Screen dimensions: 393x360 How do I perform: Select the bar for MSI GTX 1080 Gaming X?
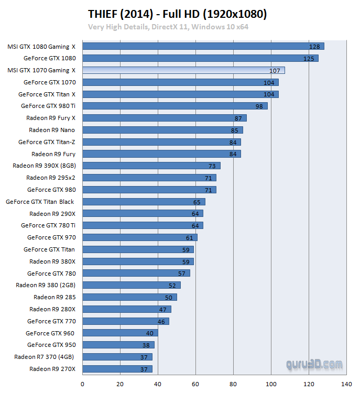(203, 46)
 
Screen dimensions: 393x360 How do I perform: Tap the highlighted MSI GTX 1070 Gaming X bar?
(183, 70)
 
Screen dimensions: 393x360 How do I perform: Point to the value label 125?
(309, 58)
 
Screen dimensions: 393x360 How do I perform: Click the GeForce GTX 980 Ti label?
(48, 106)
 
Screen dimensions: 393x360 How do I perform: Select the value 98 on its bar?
(259, 106)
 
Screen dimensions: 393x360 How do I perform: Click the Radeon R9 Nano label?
(52, 130)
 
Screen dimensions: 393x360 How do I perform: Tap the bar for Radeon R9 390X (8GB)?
(151, 166)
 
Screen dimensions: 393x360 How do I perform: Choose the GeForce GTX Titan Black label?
(40, 202)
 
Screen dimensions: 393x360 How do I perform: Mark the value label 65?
(197, 202)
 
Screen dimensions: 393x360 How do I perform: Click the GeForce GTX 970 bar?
(140, 237)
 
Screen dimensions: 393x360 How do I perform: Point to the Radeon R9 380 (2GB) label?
(46, 285)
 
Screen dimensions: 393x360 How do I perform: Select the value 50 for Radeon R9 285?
(169, 298)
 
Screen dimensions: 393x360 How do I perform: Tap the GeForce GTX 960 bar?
(120, 333)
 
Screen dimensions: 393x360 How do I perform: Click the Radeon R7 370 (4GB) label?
(45, 357)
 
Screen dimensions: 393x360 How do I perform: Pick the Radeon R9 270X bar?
(117, 369)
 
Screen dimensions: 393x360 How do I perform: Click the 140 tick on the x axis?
(346, 384)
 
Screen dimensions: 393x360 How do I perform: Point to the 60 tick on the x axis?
(195, 384)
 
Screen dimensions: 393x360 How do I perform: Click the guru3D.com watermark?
(314, 364)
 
